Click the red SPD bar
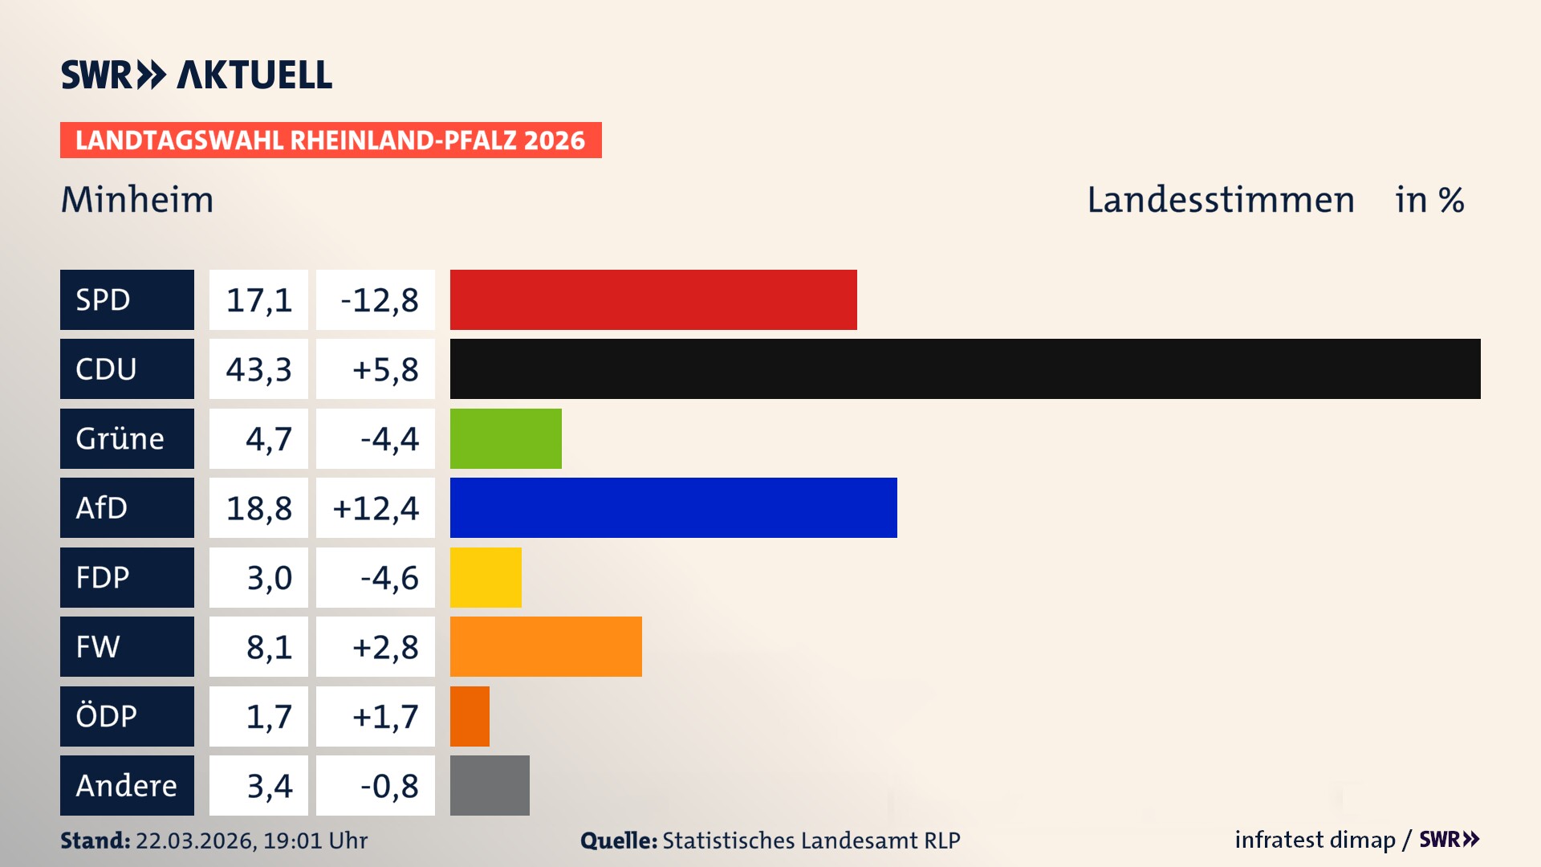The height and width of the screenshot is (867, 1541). [653, 299]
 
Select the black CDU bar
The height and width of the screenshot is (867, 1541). [965, 368]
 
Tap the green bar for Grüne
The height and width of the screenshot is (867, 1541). [506, 438]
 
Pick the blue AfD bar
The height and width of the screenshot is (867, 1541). [673, 507]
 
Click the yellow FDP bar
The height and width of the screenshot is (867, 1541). [486, 577]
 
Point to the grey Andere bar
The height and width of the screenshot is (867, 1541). [490, 785]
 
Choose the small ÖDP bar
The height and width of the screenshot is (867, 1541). [470, 716]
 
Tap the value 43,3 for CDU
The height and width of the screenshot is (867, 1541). [258, 369]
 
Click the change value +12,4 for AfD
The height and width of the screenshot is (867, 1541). [376, 508]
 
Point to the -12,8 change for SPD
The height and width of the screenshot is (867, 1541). [379, 300]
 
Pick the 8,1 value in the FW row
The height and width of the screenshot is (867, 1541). [268, 647]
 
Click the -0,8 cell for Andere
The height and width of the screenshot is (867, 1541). [388, 786]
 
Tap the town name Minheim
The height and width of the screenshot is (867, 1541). [137, 200]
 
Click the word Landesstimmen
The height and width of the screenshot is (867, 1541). [1220, 200]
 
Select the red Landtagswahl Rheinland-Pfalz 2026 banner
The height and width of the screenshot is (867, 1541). [331, 140]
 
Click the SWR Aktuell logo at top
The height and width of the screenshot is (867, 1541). [197, 75]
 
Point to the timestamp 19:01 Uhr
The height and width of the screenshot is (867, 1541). [315, 841]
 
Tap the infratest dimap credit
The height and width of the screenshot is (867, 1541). [1315, 840]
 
